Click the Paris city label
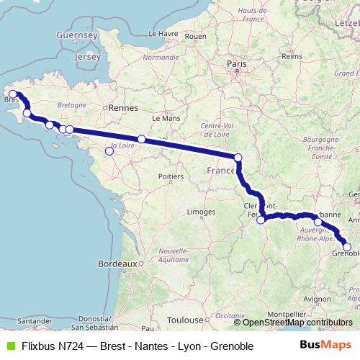pos(237,64)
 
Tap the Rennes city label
pos(124,108)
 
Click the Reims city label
pos(292,55)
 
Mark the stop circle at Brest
pos(13,94)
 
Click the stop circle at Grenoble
pos(347,247)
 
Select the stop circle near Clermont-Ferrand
pos(261,220)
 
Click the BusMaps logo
pos(326,345)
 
